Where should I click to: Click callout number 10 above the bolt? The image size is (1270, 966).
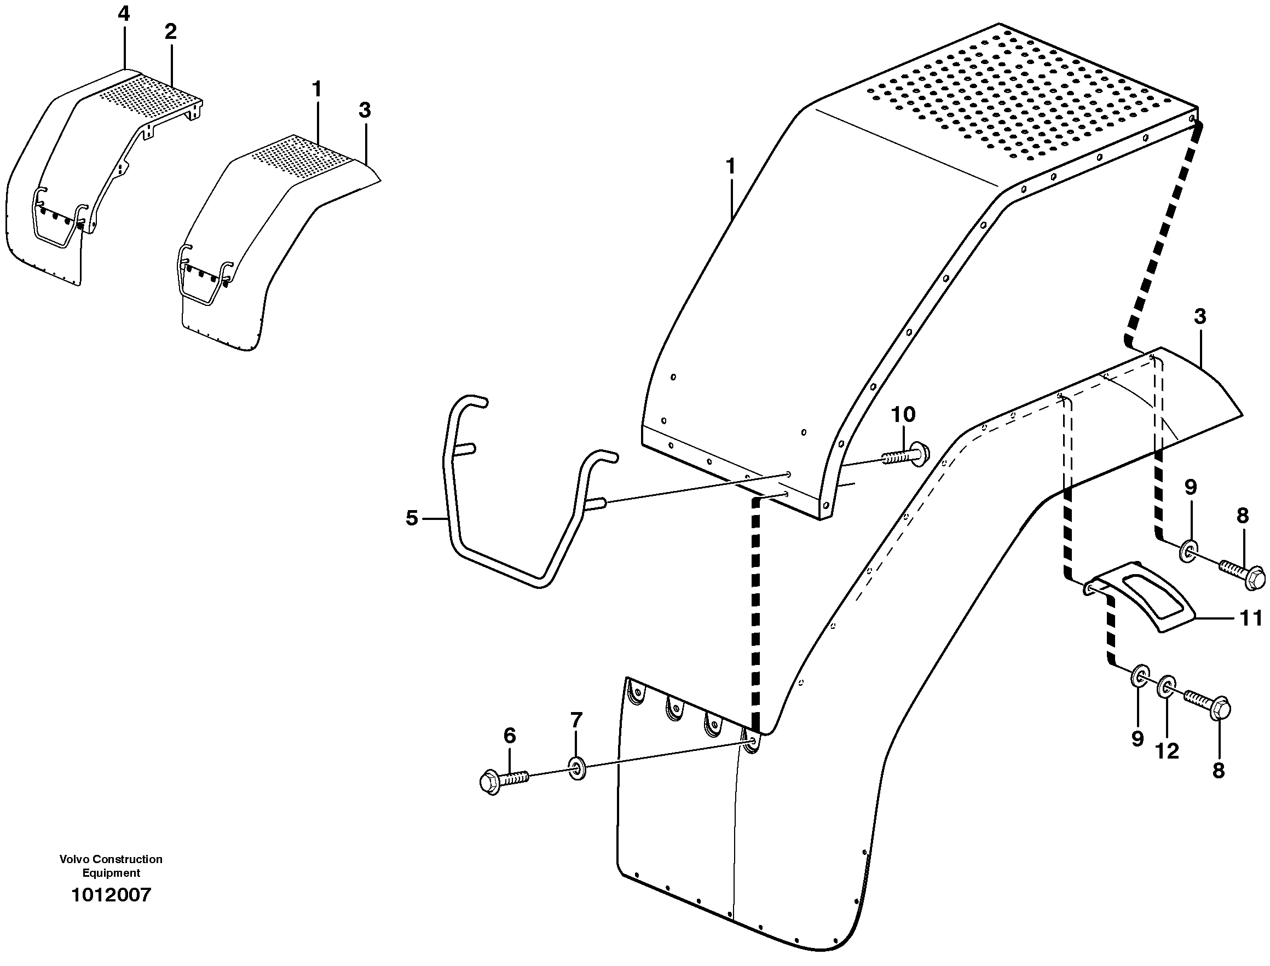click(x=903, y=414)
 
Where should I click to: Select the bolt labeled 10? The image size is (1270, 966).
click(x=906, y=454)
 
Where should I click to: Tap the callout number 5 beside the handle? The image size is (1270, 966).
click(x=411, y=518)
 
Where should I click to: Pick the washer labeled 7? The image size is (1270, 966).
click(x=577, y=768)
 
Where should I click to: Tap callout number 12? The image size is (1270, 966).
click(x=1168, y=751)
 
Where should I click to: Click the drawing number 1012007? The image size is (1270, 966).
click(x=111, y=895)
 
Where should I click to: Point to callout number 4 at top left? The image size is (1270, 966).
click(x=124, y=14)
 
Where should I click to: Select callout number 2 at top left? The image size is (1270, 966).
click(x=170, y=32)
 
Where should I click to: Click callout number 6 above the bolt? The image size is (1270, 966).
click(x=510, y=735)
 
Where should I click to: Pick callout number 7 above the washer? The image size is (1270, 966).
click(x=576, y=719)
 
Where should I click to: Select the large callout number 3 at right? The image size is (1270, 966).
click(x=1200, y=316)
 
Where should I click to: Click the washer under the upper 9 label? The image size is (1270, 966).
click(x=1188, y=551)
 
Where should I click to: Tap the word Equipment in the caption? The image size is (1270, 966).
click(x=111, y=873)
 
